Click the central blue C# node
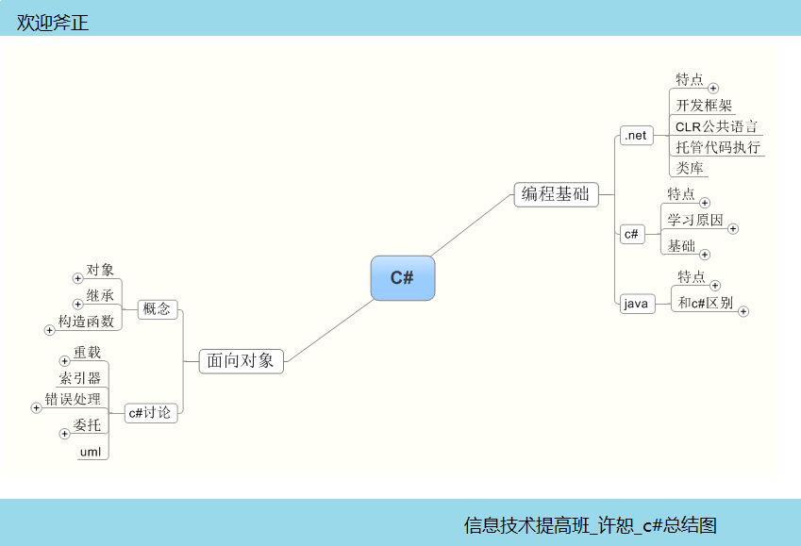click(403, 278)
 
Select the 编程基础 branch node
click(557, 194)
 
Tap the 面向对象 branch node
click(241, 360)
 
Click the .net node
click(636, 136)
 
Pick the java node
click(637, 304)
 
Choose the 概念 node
click(157, 308)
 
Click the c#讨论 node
click(151, 412)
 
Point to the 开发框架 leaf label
click(704, 106)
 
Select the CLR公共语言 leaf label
click(716, 126)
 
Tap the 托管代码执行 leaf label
click(718, 147)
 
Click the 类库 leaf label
click(690, 168)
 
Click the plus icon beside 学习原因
click(733, 228)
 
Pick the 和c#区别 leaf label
click(706, 303)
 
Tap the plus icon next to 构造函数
click(50, 330)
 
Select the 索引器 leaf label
click(80, 378)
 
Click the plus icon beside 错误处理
click(37, 407)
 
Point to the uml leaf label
click(91, 452)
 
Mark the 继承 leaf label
click(100, 296)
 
